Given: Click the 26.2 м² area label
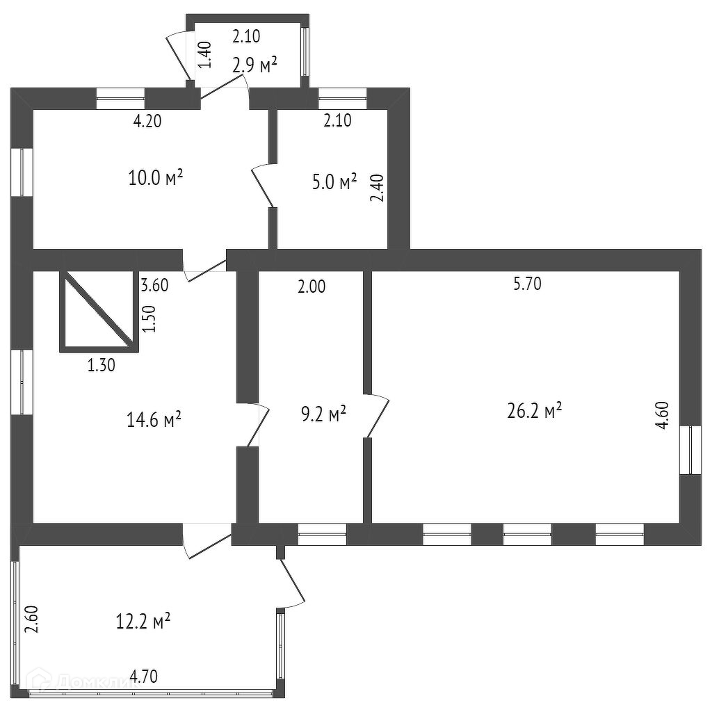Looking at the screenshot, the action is pyautogui.click(x=535, y=411).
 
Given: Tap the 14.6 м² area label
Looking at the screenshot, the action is pyautogui.click(x=154, y=419).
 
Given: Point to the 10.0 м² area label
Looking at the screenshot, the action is pyautogui.click(x=156, y=177).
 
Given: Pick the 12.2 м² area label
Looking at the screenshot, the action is pyautogui.click(x=143, y=620).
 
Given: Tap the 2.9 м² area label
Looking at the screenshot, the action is pyautogui.click(x=254, y=65).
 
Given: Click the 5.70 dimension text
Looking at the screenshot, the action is pyautogui.click(x=526, y=284).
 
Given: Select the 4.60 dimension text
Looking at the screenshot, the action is pyautogui.click(x=663, y=416).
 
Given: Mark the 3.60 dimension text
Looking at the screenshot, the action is pyautogui.click(x=154, y=285).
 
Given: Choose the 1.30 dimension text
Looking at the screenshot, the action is pyautogui.click(x=102, y=364).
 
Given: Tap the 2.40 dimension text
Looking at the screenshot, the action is pyautogui.click(x=376, y=188).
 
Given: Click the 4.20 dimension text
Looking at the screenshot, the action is pyautogui.click(x=147, y=121).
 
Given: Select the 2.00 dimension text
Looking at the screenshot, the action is pyautogui.click(x=311, y=285).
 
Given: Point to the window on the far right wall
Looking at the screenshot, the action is pyautogui.click(x=690, y=450).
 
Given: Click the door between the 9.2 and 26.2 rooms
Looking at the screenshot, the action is pyautogui.click(x=377, y=416).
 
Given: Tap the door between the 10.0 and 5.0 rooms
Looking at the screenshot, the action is pyautogui.click(x=263, y=185).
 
